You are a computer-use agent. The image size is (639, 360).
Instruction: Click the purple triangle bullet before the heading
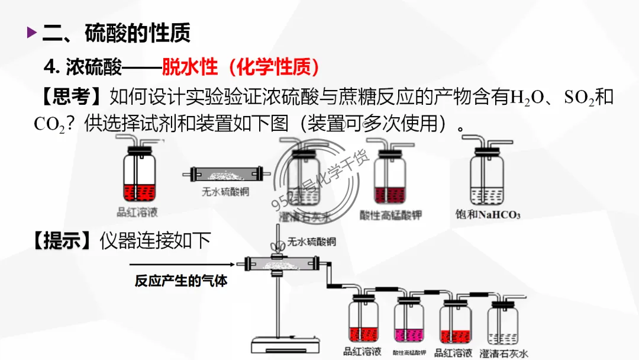(x=32, y=33)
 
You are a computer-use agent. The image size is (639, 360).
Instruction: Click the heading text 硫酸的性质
(x=138, y=33)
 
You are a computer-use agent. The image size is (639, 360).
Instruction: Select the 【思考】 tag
(x=65, y=97)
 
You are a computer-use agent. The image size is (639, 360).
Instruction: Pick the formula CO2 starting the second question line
(x=49, y=124)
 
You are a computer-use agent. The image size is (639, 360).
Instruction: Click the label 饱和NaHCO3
(x=488, y=214)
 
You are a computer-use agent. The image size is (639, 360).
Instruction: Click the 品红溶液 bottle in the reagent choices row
(x=139, y=175)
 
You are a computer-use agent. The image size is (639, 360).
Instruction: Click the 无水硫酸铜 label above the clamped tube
(x=312, y=242)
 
